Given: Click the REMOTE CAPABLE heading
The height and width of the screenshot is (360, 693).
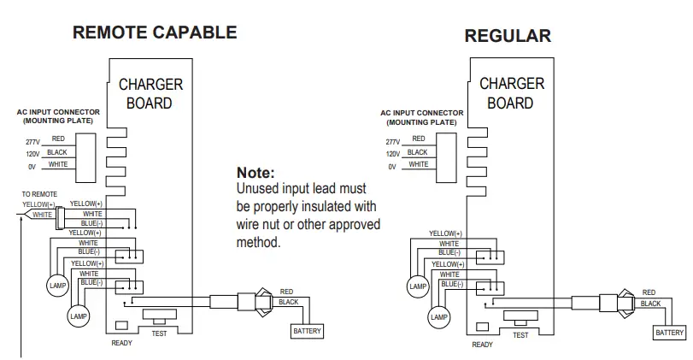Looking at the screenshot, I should pyautogui.click(x=154, y=33).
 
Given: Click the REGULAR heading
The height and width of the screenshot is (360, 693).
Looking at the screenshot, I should pyautogui.click(x=508, y=36).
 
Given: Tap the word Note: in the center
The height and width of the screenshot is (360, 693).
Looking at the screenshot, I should pyautogui.click(x=255, y=173).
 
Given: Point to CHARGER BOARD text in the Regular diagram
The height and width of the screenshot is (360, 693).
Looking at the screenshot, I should pyautogui.click(x=511, y=93).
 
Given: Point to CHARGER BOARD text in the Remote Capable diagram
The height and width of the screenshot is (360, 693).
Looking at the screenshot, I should pyautogui.click(x=150, y=94).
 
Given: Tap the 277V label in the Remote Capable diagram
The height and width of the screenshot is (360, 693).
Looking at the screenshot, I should pyautogui.click(x=32, y=141).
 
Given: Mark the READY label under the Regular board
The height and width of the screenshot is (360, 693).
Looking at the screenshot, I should pyautogui.click(x=483, y=345).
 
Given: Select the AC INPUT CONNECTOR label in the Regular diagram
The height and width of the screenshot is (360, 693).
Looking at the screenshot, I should pyautogui.click(x=421, y=117).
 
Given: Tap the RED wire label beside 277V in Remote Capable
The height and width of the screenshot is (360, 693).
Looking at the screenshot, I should pyautogui.click(x=59, y=137).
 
